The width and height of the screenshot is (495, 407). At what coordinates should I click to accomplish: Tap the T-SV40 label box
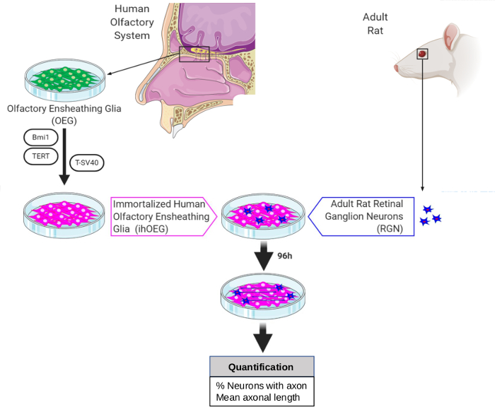87,162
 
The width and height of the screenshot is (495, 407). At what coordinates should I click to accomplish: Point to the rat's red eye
422,54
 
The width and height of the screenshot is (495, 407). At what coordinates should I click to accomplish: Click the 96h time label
285,256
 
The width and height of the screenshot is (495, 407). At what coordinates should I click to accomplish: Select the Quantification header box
261,367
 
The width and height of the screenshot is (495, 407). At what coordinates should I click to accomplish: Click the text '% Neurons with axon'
261,385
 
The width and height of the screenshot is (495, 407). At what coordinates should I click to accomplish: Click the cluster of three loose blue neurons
430,216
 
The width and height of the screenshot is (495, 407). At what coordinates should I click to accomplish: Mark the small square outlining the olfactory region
193,53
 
